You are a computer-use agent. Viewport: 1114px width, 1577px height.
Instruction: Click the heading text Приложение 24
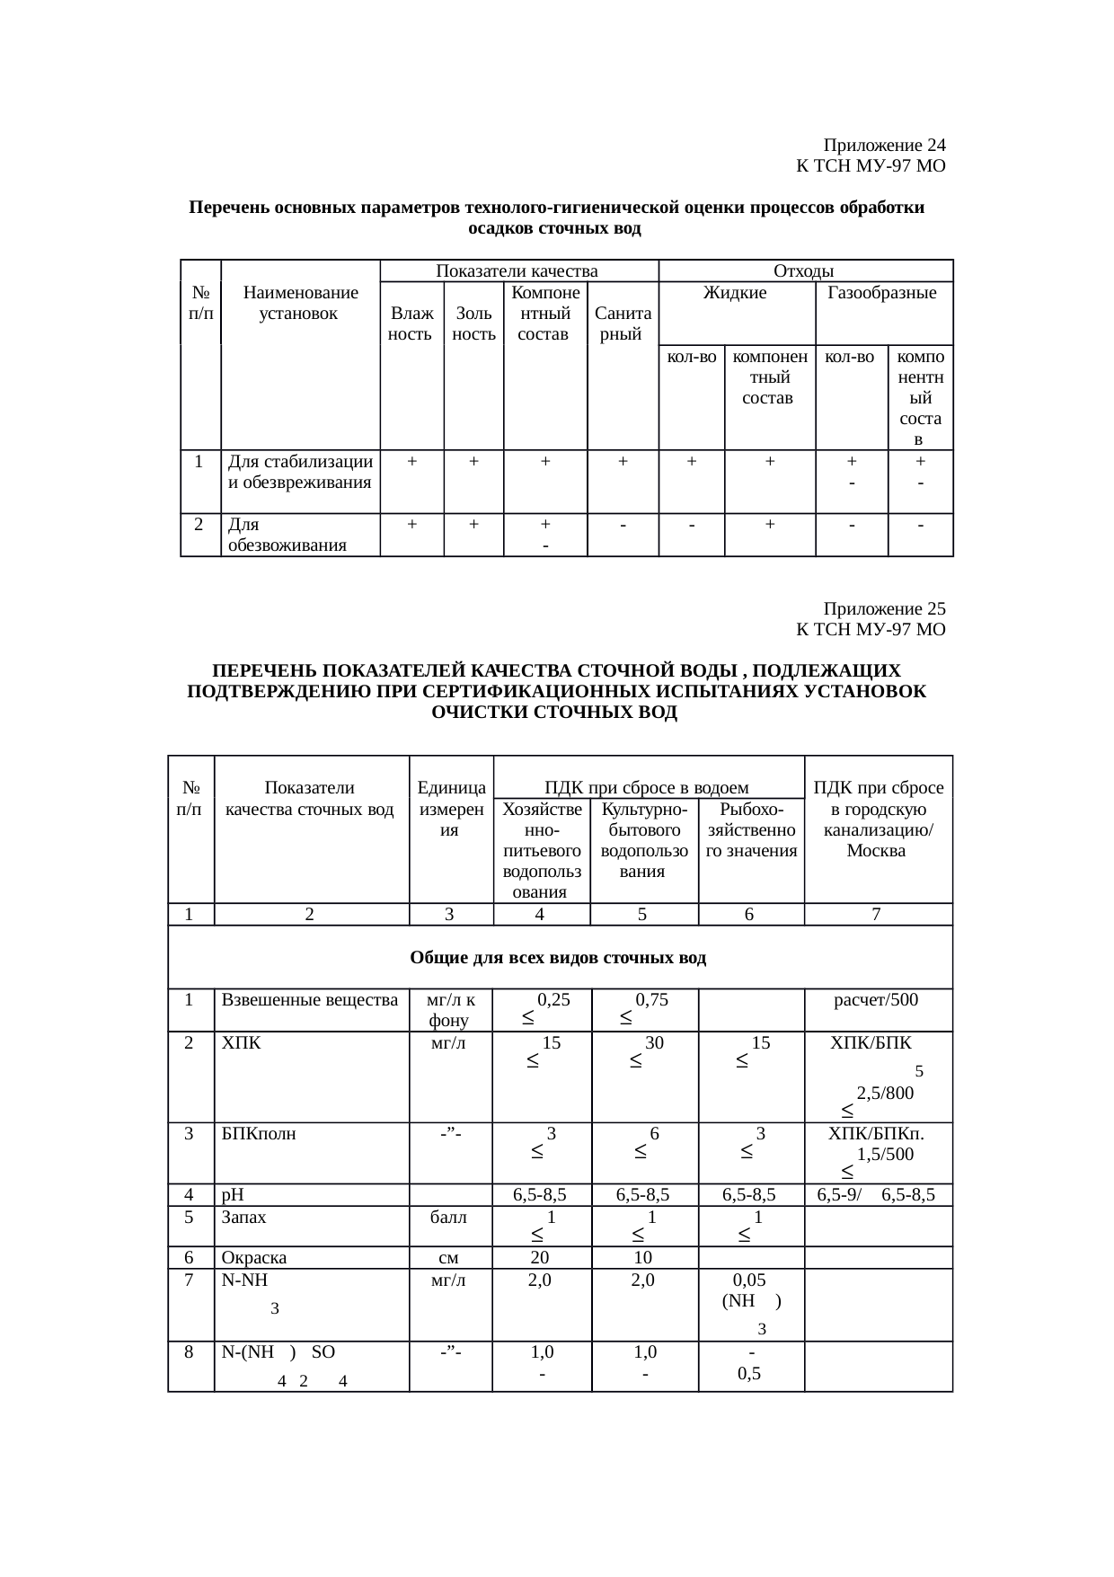(x=884, y=146)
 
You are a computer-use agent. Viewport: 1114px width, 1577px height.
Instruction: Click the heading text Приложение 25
(x=884, y=608)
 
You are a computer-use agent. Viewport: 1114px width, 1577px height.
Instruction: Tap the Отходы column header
(x=804, y=270)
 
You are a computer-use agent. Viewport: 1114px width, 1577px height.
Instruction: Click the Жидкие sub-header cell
(x=735, y=293)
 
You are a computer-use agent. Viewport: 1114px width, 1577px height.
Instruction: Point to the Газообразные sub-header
(x=882, y=293)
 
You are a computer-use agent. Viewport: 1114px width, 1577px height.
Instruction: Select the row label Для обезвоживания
(x=287, y=535)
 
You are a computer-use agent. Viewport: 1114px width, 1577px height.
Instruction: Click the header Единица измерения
(x=451, y=810)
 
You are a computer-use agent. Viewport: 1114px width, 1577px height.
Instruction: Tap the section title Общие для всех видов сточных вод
(x=558, y=958)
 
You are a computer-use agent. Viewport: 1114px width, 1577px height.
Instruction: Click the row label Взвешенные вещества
(x=309, y=999)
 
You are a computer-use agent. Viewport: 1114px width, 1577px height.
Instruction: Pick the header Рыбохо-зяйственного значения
(x=751, y=830)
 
